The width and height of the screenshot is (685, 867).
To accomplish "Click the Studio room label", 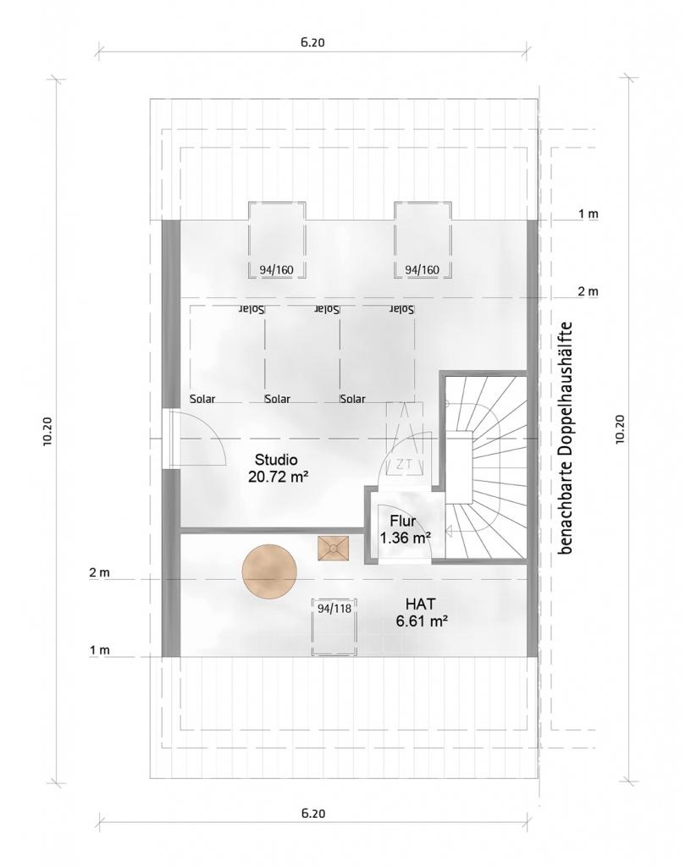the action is click(x=276, y=460).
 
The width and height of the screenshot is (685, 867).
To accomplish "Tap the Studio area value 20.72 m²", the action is click(x=278, y=477).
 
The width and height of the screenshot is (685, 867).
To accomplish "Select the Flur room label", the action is click(x=402, y=521).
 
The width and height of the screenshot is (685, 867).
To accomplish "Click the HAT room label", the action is click(x=420, y=603).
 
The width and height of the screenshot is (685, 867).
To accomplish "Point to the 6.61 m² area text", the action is click(x=422, y=621).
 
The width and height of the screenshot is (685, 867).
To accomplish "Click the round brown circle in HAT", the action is click(x=270, y=572).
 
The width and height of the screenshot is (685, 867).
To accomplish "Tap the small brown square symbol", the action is click(x=334, y=548).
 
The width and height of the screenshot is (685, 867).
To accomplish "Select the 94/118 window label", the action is click(x=334, y=609).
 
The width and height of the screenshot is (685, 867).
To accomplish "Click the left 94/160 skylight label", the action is click(x=276, y=270).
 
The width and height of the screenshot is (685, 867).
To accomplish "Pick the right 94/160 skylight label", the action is click(x=423, y=270).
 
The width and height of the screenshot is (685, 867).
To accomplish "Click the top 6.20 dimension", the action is click(x=313, y=42).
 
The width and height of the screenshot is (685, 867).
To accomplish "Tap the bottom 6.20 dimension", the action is click(x=313, y=814).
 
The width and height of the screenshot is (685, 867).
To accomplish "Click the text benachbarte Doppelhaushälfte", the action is click(x=566, y=439).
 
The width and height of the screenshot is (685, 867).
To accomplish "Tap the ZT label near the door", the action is click(x=404, y=465).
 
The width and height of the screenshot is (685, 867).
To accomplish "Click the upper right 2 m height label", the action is click(x=588, y=291).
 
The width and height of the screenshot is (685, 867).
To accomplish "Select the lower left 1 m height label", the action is click(x=100, y=651).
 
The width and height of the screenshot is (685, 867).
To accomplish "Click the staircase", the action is click(x=485, y=467).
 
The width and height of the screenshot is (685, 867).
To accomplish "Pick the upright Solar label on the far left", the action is click(x=202, y=399).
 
